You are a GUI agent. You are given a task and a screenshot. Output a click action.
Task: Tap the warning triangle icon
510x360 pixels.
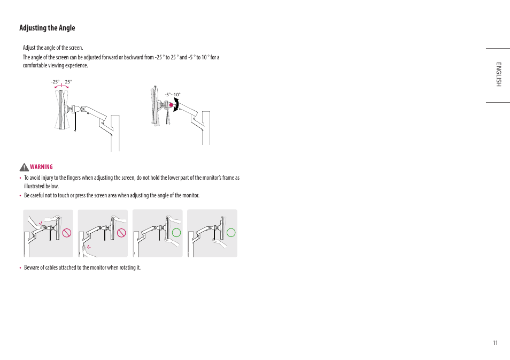pyautogui.click(x=24, y=167)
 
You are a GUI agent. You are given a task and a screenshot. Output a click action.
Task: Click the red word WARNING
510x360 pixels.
pyautogui.click(x=42, y=167)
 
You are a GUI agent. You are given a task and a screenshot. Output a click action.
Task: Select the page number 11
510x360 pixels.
pyautogui.click(x=495, y=343)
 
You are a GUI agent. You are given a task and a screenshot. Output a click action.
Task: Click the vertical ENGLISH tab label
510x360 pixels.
pyautogui.click(x=498, y=74)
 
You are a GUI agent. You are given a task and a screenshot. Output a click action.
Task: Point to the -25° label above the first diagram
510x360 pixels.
pyautogui.click(x=55, y=82)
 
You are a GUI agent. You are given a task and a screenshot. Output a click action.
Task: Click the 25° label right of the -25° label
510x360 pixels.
pyautogui.click(x=68, y=82)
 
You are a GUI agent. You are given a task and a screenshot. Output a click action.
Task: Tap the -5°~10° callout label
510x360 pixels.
pyautogui.click(x=173, y=95)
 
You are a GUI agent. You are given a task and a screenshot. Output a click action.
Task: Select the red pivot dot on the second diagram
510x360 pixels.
pyautogui.click(x=171, y=105)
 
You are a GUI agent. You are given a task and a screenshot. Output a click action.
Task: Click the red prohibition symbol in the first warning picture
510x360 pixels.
pyautogui.click(x=66, y=233)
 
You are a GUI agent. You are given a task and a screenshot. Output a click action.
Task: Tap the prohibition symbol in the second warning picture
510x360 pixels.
pyautogui.click(x=121, y=233)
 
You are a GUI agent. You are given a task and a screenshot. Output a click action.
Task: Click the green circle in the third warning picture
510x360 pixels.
pyautogui.click(x=176, y=233)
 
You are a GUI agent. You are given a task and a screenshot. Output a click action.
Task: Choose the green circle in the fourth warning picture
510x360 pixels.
pyautogui.click(x=231, y=233)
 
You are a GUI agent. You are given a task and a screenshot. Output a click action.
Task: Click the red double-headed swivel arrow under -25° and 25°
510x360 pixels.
pyautogui.click(x=61, y=86)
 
